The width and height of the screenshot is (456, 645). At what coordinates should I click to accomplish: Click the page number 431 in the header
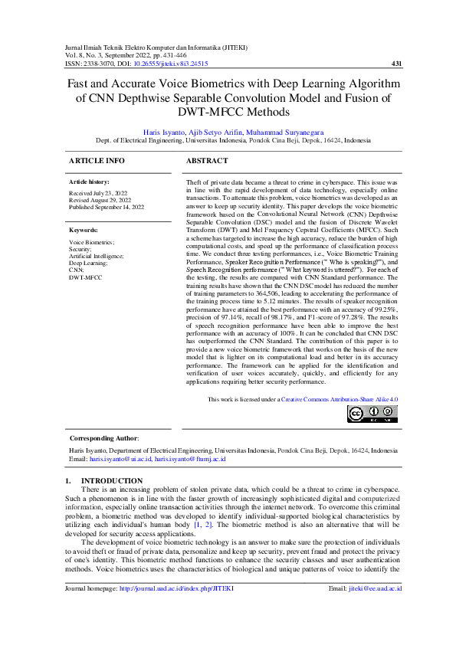(x=395, y=64)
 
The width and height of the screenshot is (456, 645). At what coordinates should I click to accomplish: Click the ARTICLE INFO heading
(x=97, y=161)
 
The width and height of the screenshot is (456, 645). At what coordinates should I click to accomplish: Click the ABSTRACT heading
(x=207, y=161)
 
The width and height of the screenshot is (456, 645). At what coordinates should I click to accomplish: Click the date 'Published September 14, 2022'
(x=107, y=208)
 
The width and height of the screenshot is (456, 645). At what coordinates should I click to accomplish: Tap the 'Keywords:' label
(x=84, y=229)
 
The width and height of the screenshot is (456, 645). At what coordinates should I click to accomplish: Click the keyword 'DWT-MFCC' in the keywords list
(x=86, y=277)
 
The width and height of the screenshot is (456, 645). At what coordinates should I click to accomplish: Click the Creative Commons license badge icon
(x=372, y=414)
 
